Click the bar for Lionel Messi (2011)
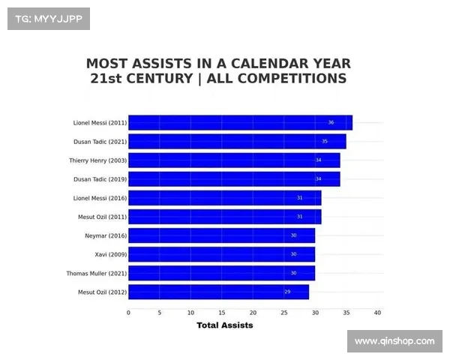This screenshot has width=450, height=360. pos(240,122)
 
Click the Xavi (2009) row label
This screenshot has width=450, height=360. pos(110,254)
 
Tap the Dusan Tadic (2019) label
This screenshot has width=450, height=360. pos(100,179)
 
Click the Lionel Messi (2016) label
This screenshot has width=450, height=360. pos(100,198)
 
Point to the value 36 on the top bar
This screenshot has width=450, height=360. pos(331,122)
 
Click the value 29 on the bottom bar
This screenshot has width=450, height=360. pos(287,292)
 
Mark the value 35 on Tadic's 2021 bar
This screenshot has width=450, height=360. pos(325,141)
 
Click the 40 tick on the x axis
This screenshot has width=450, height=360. pos(377,312)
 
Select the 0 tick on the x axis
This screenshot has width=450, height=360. pos(128,312)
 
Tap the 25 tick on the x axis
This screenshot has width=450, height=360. pos(284,312)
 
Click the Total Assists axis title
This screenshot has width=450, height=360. pos(224,325)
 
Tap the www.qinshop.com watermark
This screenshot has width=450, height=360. pos(394,341)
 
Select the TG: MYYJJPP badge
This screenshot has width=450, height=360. pos(49,19)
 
